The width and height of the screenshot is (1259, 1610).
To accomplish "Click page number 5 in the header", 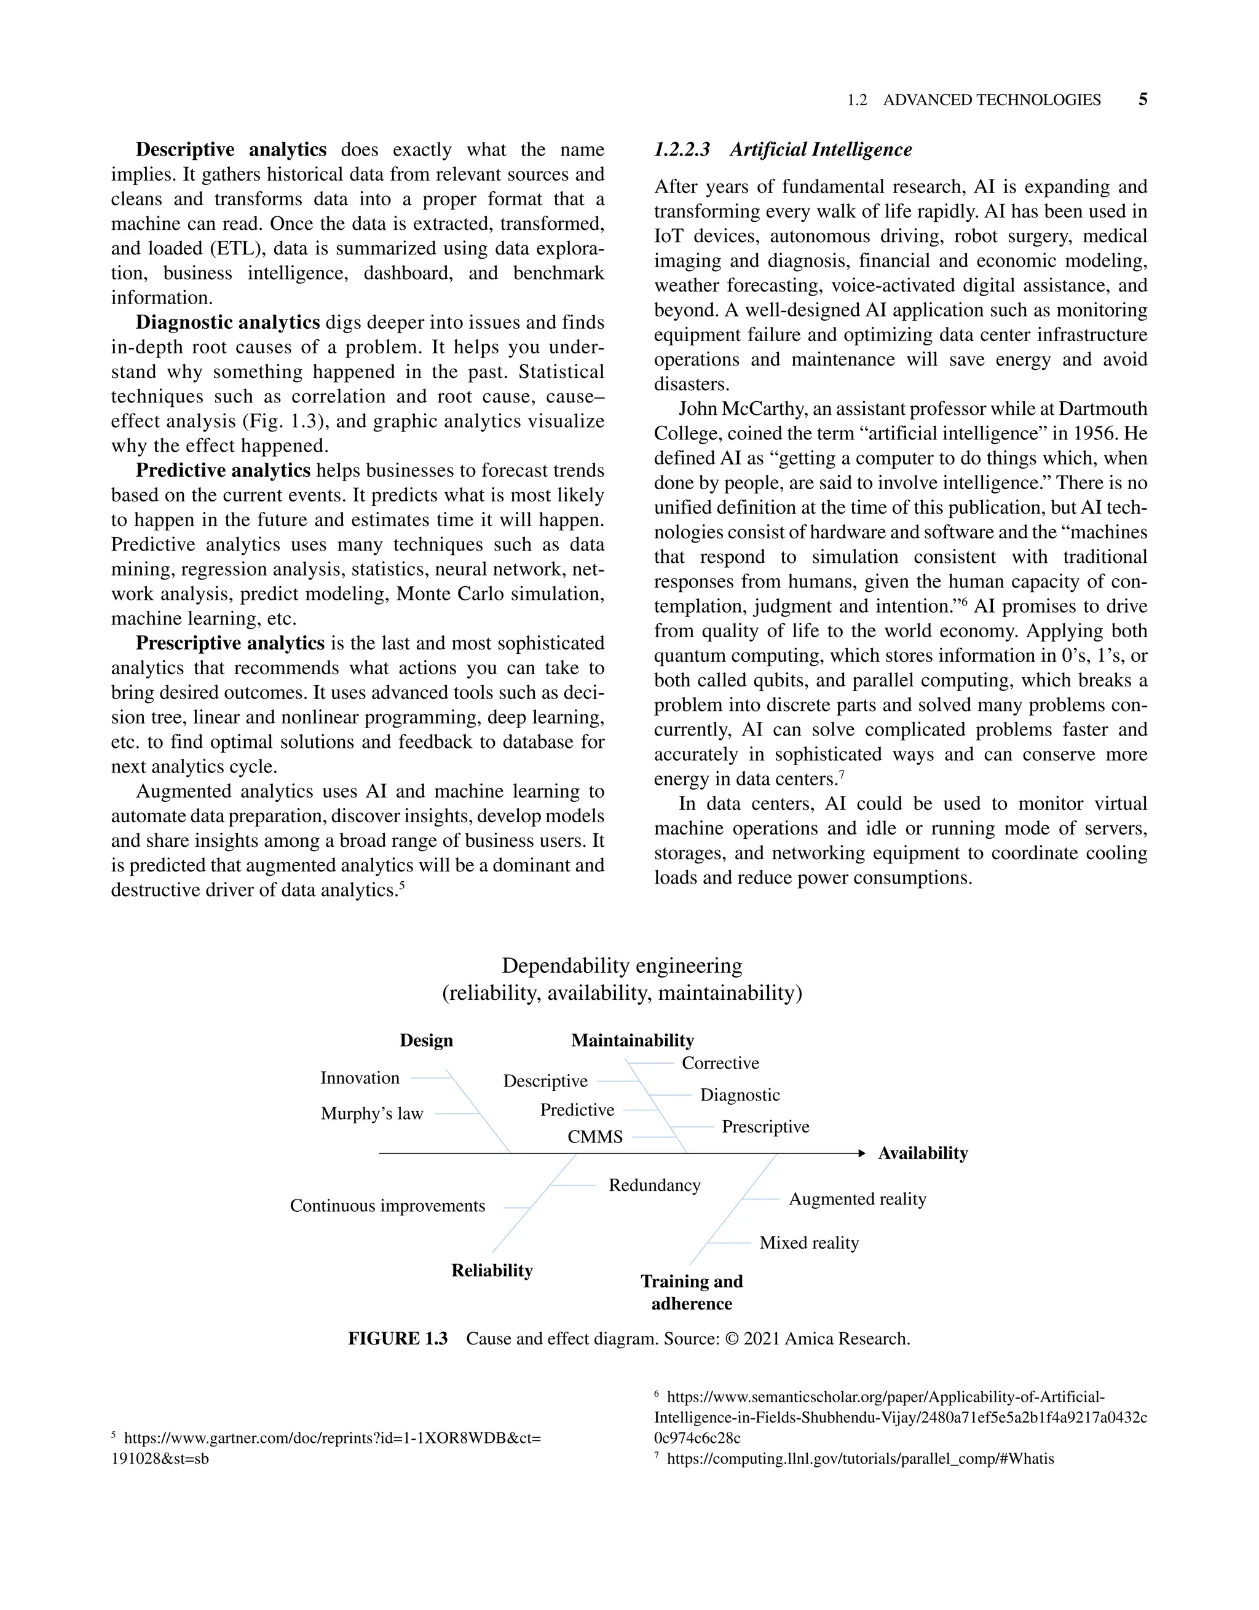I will [1142, 100].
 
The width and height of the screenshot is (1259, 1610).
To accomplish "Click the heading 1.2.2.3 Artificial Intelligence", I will [783, 150].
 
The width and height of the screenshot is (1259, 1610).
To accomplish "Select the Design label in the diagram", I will [426, 1040].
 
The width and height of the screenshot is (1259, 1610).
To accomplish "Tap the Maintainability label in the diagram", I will [632, 1040].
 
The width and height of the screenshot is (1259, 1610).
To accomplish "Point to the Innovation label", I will [360, 1078].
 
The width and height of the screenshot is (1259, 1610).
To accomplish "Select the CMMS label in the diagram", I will [594, 1137].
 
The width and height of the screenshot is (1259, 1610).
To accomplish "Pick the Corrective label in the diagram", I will [720, 1063].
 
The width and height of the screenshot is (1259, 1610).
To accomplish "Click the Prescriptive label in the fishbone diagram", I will [765, 1126].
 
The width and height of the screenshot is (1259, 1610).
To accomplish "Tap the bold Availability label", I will [923, 1153].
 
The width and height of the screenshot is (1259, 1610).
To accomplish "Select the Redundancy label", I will [654, 1185].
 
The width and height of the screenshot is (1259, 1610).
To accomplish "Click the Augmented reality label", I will [857, 1199].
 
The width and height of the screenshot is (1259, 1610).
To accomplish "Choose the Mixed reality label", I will [809, 1243].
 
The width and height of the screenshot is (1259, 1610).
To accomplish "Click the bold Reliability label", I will [492, 1270].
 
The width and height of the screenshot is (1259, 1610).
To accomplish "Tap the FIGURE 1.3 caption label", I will [398, 1339].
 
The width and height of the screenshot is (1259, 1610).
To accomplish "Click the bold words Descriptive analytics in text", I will [231, 150].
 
